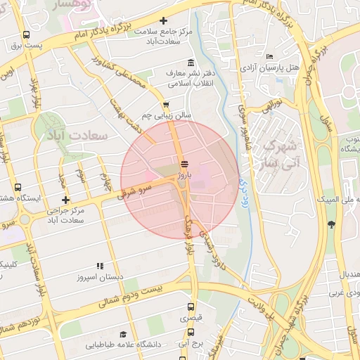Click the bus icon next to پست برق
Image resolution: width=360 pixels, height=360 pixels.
(26, 34)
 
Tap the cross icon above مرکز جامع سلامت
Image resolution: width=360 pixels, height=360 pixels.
(164, 21)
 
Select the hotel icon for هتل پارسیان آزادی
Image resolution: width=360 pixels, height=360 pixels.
(270, 56)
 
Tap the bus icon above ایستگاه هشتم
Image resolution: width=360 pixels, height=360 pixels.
(18, 188)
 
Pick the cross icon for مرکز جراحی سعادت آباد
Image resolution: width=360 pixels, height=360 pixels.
(65, 200)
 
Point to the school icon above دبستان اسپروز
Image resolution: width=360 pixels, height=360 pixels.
(100, 266)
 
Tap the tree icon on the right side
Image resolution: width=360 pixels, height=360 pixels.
(331, 224)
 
